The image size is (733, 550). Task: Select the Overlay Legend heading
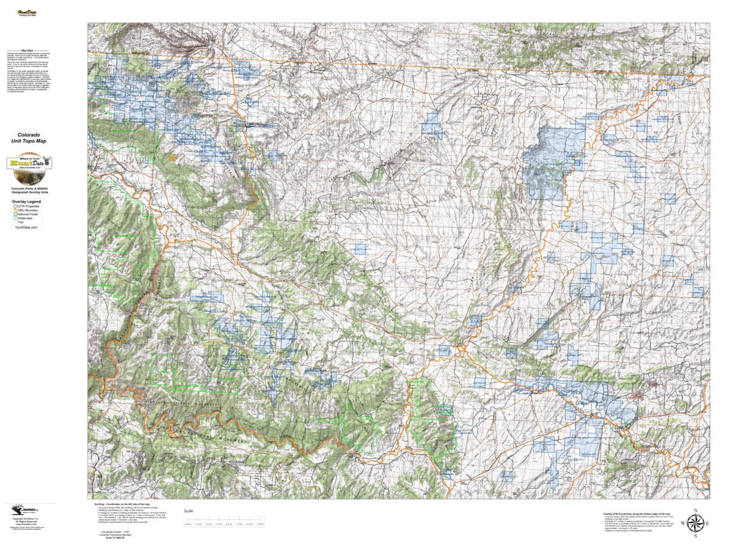pyautogui.click(x=28, y=201)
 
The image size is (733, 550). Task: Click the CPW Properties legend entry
pyautogui.click(x=29, y=207)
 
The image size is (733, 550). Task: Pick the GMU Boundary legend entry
pyautogui.click(x=29, y=211)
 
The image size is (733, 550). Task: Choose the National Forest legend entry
pyautogui.click(x=29, y=216)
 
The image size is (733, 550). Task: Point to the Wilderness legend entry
pyautogui.click(x=26, y=221)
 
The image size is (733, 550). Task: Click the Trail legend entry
pyautogui.click(x=22, y=226)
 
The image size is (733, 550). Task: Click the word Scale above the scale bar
pyautogui.click(x=189, y=511)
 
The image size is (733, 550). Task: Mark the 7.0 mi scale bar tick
pyautogui.click(x=260, y=524)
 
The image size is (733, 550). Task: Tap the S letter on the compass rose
pyautogui.click(x=695, y=537)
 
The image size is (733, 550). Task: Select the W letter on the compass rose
pyautogui.click(x=683, y=523)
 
